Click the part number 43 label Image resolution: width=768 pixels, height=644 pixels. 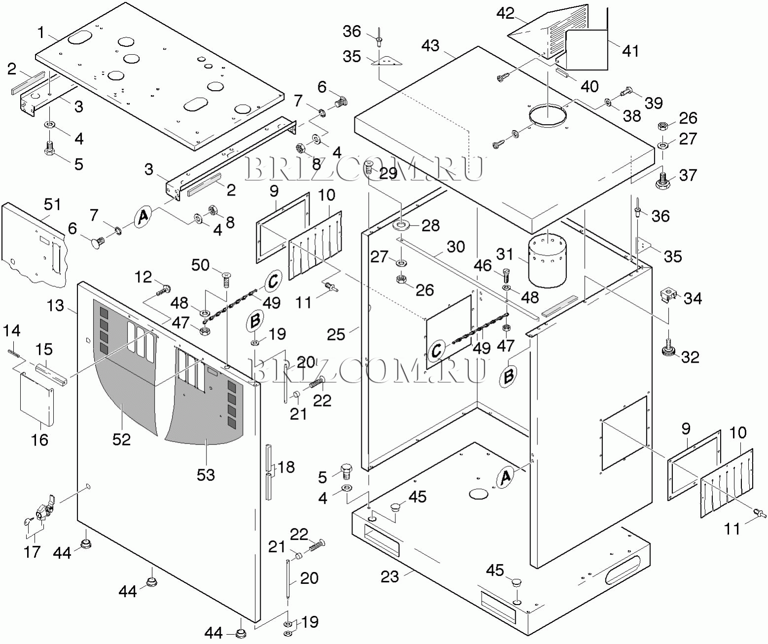coord(430,46)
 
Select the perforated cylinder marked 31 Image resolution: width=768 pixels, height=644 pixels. coord(547,260)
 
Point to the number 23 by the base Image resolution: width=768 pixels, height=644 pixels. coord(389,576)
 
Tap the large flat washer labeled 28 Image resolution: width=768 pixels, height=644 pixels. coord(402,226)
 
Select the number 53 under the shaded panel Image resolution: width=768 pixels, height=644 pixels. coord(206,475)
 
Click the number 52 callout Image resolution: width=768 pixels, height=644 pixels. coord(121,439)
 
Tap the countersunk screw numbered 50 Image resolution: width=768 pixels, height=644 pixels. coord(226,280)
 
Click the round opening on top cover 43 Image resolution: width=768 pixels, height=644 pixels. coord(547,117)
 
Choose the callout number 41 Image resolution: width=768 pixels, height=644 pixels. coord(630,51)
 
